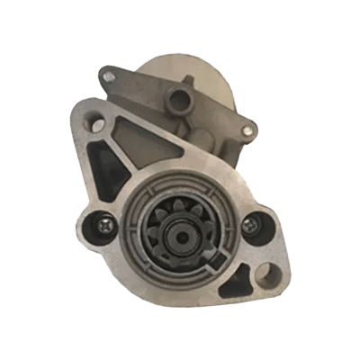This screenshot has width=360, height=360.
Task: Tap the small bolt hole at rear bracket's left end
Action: (x=109, y=77)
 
